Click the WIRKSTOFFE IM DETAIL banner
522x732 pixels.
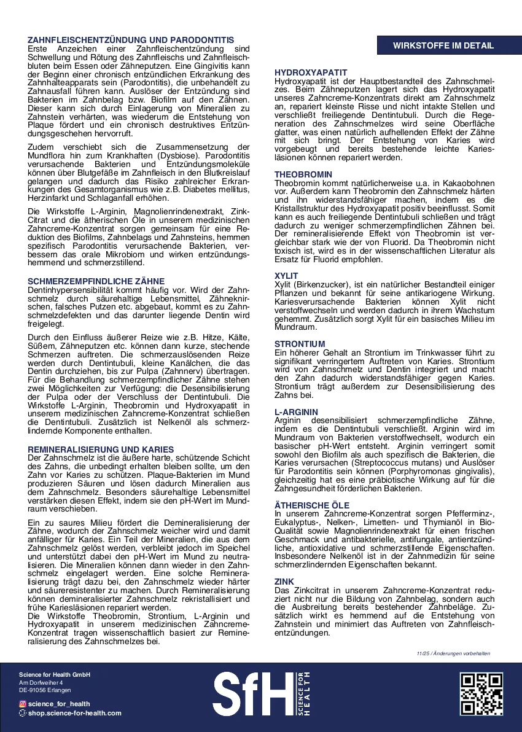coord(443,46)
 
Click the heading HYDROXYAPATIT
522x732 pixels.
coord(311,72)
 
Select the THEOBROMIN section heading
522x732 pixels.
coord(303,175)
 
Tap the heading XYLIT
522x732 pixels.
coord(286,276)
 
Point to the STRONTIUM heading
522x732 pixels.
coord(300,344)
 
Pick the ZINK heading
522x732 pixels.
coord(284,582)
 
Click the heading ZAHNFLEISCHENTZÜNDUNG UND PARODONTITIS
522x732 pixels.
coord(131,41)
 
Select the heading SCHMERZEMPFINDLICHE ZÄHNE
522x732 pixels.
coord(96,281)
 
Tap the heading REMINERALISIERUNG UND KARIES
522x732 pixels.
coord(101,450)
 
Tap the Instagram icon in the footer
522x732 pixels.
coord(23,704)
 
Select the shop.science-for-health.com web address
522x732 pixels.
coord(75,713)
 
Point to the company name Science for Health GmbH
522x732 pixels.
coord(55,675)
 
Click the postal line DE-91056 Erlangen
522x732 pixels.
coord(45,690)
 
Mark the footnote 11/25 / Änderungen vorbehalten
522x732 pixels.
coord(453,653)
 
